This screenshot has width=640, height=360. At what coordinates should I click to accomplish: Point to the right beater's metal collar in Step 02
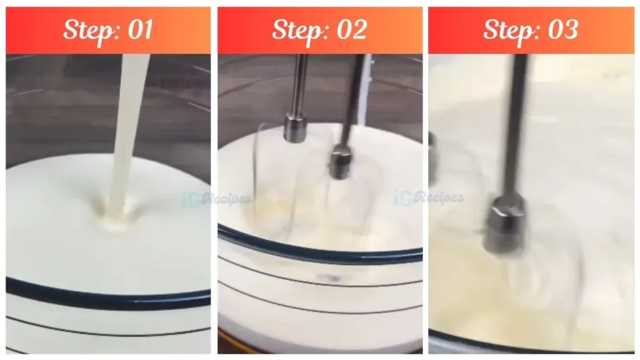(x=342, y=161)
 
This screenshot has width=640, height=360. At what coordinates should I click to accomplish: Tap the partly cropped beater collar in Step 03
(x=432, y=156)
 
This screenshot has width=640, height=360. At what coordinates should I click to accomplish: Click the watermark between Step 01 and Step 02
(x=216, y=199)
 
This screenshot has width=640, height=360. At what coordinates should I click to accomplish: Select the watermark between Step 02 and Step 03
(x=429, y=198)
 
